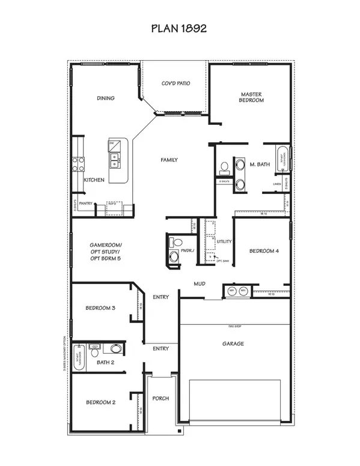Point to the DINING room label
106,98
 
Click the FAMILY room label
169,160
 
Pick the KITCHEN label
94,180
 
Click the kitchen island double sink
114,159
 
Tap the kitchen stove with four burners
78,163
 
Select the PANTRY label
88,204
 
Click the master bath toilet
224,166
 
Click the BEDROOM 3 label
100,308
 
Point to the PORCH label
160,398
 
